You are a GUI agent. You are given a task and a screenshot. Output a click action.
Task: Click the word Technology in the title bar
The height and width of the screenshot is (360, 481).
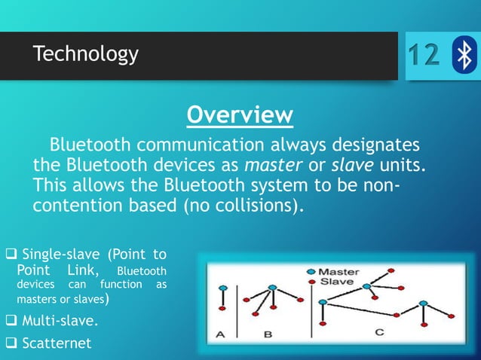click(85, 54)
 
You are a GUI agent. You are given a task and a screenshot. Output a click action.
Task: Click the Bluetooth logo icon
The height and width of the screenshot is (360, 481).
click(464, 55)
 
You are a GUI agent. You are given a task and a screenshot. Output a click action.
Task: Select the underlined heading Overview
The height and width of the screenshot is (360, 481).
click(240, 115)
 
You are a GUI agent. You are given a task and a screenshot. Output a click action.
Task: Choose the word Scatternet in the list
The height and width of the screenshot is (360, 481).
click(57, 344)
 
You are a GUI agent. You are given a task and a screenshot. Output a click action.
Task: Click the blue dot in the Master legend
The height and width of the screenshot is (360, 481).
click(311, 271)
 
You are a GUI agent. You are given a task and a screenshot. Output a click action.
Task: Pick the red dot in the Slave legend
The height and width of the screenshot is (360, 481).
click(311, 282)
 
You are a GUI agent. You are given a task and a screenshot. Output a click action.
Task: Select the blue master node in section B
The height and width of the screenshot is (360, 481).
click(271, 286)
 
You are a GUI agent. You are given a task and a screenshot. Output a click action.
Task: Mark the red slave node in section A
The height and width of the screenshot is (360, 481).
click(222, 309)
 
